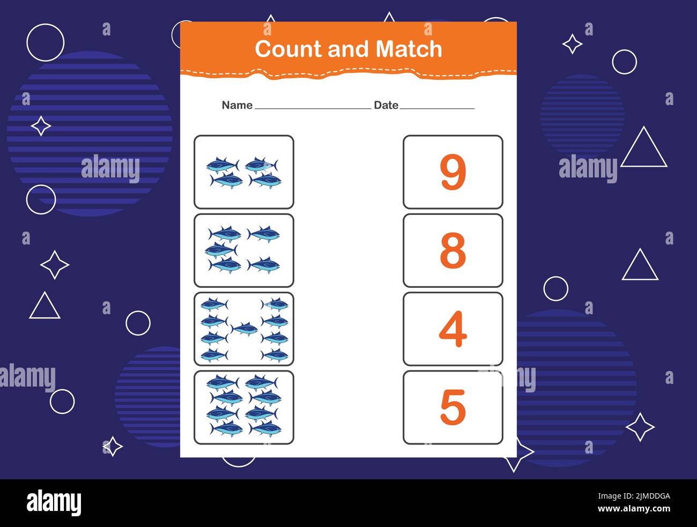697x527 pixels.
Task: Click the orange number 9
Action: pyautogui.click(x=453, y=172)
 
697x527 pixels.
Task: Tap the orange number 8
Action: pyautogui.click(x=453, y=250)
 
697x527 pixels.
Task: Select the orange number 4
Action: pyautogui.click(x=453, y=329)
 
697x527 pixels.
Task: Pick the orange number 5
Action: pyautogui.click(x=453, y=407)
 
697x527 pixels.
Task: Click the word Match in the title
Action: pyautogui.click(x=409, y=49)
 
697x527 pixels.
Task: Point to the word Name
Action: pyautogui.click(x=237, y=105)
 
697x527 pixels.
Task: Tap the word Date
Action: pyautogui.click(x=386, y=105)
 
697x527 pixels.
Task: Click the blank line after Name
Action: pyautogui.click(x=313, y=108)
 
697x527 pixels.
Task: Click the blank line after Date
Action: pyautogui.click(x=437, y=108)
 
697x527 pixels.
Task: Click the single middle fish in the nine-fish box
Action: pyautogui.click(x=244, y=329)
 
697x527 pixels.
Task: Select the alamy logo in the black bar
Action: pyautogui.click(x=54, y=502)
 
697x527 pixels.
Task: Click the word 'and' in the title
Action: pyautogui.click(x=350, y=49)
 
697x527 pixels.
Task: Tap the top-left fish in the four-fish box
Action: pyautogui.click(x=223, y=165)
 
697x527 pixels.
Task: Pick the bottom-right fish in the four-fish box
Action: pyautogui.click(x=265, y=181)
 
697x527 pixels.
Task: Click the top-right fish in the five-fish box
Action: pyautogui.click(x=263, y=234)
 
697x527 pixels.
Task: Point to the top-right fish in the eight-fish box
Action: pyautogui.click(x=262, y=382)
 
